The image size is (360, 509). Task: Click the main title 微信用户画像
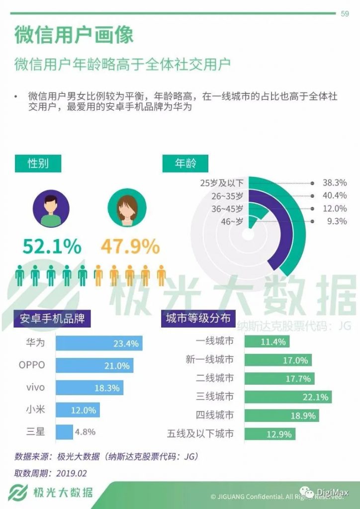click(x=74, y=35)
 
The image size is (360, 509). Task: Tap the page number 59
click(x=344, y=13)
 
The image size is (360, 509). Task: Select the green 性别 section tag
click(x=38, y=163)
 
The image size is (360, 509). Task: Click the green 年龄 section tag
click(x=185, y=163)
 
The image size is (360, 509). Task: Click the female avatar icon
click(x=127, y=207)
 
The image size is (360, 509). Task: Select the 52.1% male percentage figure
click(x=52, y=246)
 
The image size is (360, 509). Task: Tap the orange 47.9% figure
click(x=130, y=246)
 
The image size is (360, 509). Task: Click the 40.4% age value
click(x=335, y=195)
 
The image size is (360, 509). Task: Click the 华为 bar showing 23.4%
click(x=99, y=343)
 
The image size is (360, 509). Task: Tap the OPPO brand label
click(x=32, y=365)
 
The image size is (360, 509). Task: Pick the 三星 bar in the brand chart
click(x=64, y=431)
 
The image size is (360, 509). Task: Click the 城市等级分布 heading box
click(x=198, y=318)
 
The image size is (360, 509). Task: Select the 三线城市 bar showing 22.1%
click(x=288, y=397)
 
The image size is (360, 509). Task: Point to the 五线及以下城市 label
click(x=200, y=433)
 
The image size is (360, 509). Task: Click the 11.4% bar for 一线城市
click(x=267, y=341)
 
